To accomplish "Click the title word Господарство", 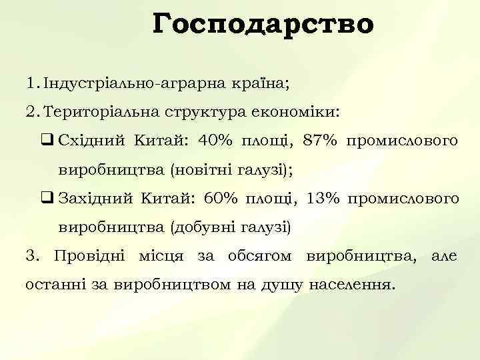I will [263, 25].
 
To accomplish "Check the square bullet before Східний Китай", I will [47, 141].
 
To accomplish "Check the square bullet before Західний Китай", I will [47, 199].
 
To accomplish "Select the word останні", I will [58, 285].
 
